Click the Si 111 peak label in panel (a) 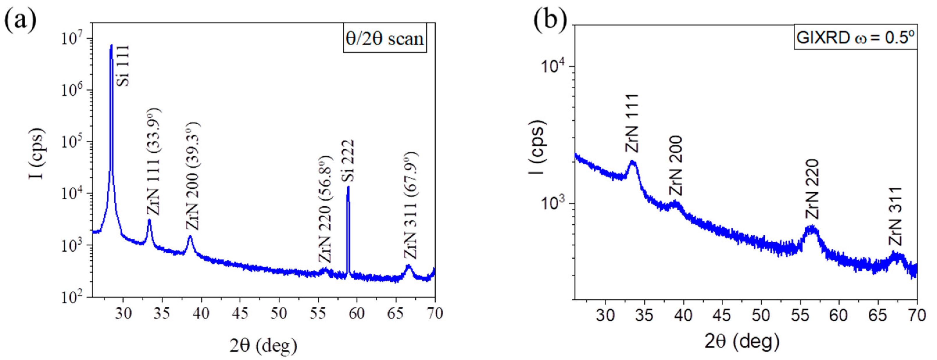pyautogui.click(x=124, y=65)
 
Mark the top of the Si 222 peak pyautogui.click(x=348, y=188)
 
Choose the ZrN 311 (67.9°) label pyautogui.click(x=411, y=205)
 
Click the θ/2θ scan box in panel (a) pyautogui.click(x=385, y=38)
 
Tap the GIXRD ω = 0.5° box pyautogui.click(x=855, y=37)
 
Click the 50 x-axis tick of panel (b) pyautogui.click(x=761, y=315)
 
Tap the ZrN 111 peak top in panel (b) pyautogui.click(x=632, y=162)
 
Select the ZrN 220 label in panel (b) pyautogui.click(x=812, y=189)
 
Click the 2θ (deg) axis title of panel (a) pyautogui.click(x=263, y=346)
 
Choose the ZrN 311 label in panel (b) pyautogui.click(x=895, y=216)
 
